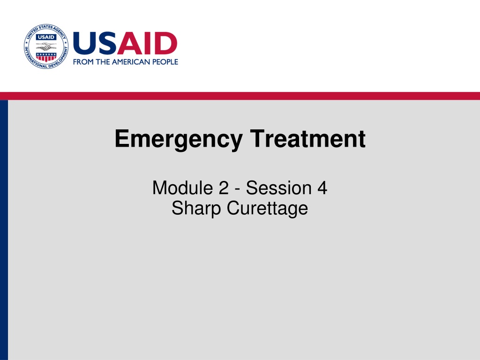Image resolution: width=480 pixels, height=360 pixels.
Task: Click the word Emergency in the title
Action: coord(179,140)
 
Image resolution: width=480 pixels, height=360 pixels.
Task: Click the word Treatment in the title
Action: coord(307,139)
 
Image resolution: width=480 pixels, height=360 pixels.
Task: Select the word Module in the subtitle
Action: coord(182,187)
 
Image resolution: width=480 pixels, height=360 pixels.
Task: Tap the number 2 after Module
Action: coord(224,187)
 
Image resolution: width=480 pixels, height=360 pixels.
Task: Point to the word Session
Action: coord(279,187)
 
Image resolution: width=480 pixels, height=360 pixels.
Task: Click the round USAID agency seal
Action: coord(46,46)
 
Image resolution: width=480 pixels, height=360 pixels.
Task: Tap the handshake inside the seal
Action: coord(46,47)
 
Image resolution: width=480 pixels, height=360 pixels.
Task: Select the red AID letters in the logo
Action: coord(147,43)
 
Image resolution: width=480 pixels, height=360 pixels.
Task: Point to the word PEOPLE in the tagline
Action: coord(165,62)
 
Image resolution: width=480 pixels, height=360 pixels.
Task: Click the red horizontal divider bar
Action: coord(240,96)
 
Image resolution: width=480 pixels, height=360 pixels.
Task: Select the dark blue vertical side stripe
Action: coord(4,230)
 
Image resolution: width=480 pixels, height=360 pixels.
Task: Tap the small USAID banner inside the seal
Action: coord(46,37)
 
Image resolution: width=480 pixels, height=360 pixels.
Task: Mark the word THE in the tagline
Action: coord(103,62)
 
